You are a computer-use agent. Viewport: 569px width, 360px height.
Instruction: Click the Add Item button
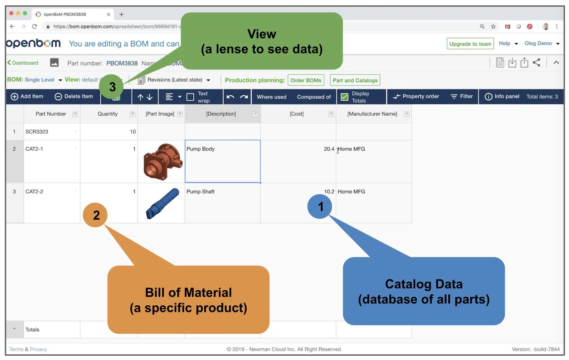pos(27,96)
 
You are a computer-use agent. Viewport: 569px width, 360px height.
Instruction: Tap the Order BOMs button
pos(306,80)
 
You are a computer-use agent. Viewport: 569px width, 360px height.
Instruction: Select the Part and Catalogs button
pos(355,80)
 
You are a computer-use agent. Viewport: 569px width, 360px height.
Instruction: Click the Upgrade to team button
pos(470,44)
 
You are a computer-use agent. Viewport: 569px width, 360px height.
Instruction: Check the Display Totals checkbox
pos(344,97)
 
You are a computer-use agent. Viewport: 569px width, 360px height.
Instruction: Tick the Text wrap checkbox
pos(190,97)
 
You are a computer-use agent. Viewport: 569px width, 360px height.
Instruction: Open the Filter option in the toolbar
pos(462,96)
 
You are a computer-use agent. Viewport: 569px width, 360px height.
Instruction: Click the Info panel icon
pos(488,96)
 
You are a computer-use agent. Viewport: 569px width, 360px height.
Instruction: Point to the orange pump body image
pos(163,161)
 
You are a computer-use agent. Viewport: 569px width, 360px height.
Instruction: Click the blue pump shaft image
pos(162,203)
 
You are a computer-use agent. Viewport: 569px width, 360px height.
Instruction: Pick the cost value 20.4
pos(329,149)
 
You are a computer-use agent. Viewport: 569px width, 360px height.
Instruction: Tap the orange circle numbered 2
pos(95,215)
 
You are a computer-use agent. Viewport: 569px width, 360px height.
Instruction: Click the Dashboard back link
pos(23,63)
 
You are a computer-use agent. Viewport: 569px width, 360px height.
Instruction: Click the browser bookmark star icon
pos(493,26)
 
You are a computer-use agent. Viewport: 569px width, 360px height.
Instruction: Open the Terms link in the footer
pos(16,349)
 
